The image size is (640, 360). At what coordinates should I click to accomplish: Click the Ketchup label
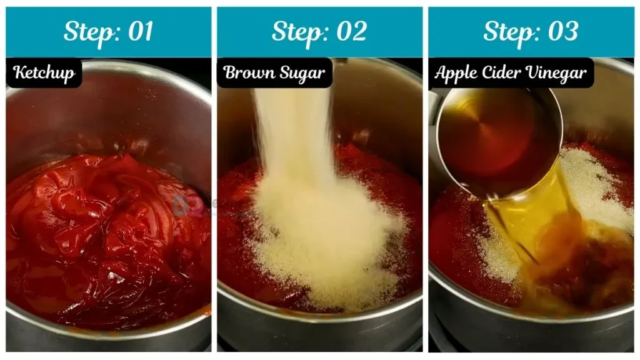coord(44,73)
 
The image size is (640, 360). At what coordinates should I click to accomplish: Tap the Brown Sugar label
coord(274,73)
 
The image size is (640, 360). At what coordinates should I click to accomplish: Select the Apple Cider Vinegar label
coord(511,73)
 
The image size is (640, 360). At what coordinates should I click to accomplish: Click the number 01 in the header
coord(141,31)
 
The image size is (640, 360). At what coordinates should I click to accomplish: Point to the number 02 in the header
coord(351,31)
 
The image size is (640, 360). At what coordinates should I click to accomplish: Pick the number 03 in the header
coord(563,31)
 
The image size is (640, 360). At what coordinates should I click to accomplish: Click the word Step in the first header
coord(92,32)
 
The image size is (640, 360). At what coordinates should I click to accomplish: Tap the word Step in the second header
coord(300,32)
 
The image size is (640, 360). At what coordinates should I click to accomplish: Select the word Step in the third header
coord(511,32)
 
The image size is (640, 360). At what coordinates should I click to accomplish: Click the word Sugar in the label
coord(302,74)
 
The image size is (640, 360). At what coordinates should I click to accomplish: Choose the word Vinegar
coord(556,74)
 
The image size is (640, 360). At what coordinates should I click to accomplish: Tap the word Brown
coord(249,72)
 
